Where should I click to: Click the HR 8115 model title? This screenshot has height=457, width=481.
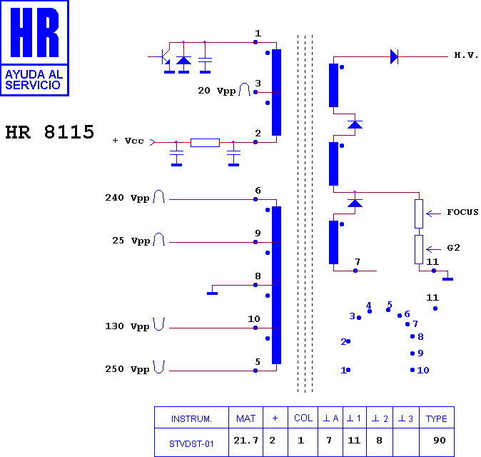pyautogui.click(x=50, y=132)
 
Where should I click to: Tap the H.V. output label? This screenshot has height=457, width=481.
pyautogui.click(x=466, y=55)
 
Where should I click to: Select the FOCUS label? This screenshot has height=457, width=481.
pyautogui.click(x=462, y=212)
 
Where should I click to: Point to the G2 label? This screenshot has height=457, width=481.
pyautogui.click(x=453, y=248)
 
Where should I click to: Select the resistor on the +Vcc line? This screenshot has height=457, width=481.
pyautogui.click(x=205, y=143)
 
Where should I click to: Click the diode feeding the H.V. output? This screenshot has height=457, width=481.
pyautogui.click(x=394, y=57)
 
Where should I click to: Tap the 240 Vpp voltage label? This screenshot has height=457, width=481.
pyautogui.click(x=128, y=198)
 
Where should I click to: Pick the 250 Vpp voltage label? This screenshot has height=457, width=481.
pyautogui.click(x=128, y=369)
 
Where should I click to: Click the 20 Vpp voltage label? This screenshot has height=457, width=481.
pyautogui.click(x=217, y=91)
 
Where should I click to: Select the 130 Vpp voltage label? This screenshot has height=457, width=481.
pyautogui.click(x=128, y=326)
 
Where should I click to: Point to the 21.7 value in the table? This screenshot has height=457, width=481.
pyautogui.click(x=245, y=441)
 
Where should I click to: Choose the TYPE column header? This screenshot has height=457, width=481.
pyautogui.click(x=437, y=418)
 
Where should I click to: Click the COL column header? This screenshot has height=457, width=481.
pyautogui.click(x=303, y=418)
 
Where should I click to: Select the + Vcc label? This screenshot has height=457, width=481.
pyautogui.click(x=128, y=141)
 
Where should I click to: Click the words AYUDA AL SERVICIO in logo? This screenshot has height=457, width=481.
pyautogui.click(x=34, y=80)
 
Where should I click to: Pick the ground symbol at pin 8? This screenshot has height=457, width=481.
pyautogui.click(x=212, y=293)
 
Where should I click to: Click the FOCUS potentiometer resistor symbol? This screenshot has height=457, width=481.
pyautogui.click(x=419, y=214)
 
